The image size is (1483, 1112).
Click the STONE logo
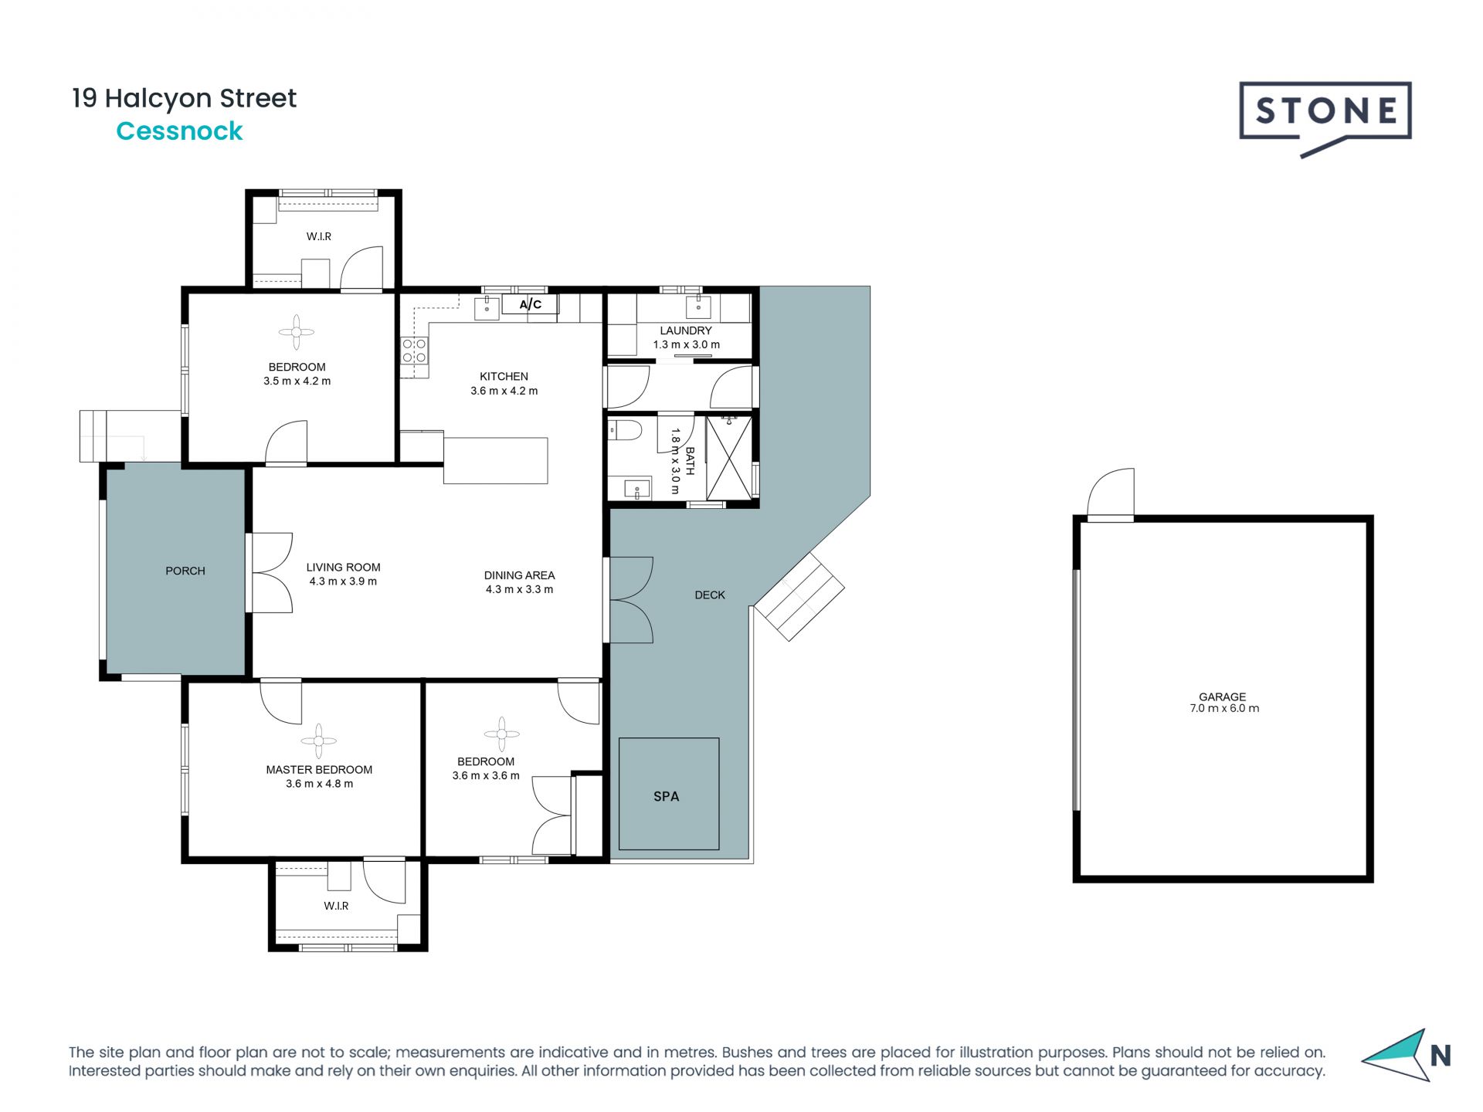click(1325, 118)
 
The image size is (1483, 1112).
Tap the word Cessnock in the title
click(179, 131)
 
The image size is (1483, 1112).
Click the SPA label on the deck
click(666, 796)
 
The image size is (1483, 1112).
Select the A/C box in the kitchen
click(531, 304)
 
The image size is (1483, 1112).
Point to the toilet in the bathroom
click(624, 430)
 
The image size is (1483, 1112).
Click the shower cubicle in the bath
click(728, 458)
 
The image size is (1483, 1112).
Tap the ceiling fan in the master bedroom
click(318, 741)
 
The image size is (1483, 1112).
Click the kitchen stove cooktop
click(414, 351)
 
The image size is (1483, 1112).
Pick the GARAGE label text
click(1222, 697)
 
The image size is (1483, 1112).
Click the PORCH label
click(185, 571)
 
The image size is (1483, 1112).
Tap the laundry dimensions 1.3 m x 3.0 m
click(687, 344)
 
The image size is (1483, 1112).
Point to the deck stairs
click(799, 596)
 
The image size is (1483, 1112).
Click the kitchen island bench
click(495, 460)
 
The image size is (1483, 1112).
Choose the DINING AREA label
click(519, 575)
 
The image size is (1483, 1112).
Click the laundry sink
click(699, 307)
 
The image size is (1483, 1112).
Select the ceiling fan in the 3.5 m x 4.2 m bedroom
click(297, 333)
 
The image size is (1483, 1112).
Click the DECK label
click(710, 595)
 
